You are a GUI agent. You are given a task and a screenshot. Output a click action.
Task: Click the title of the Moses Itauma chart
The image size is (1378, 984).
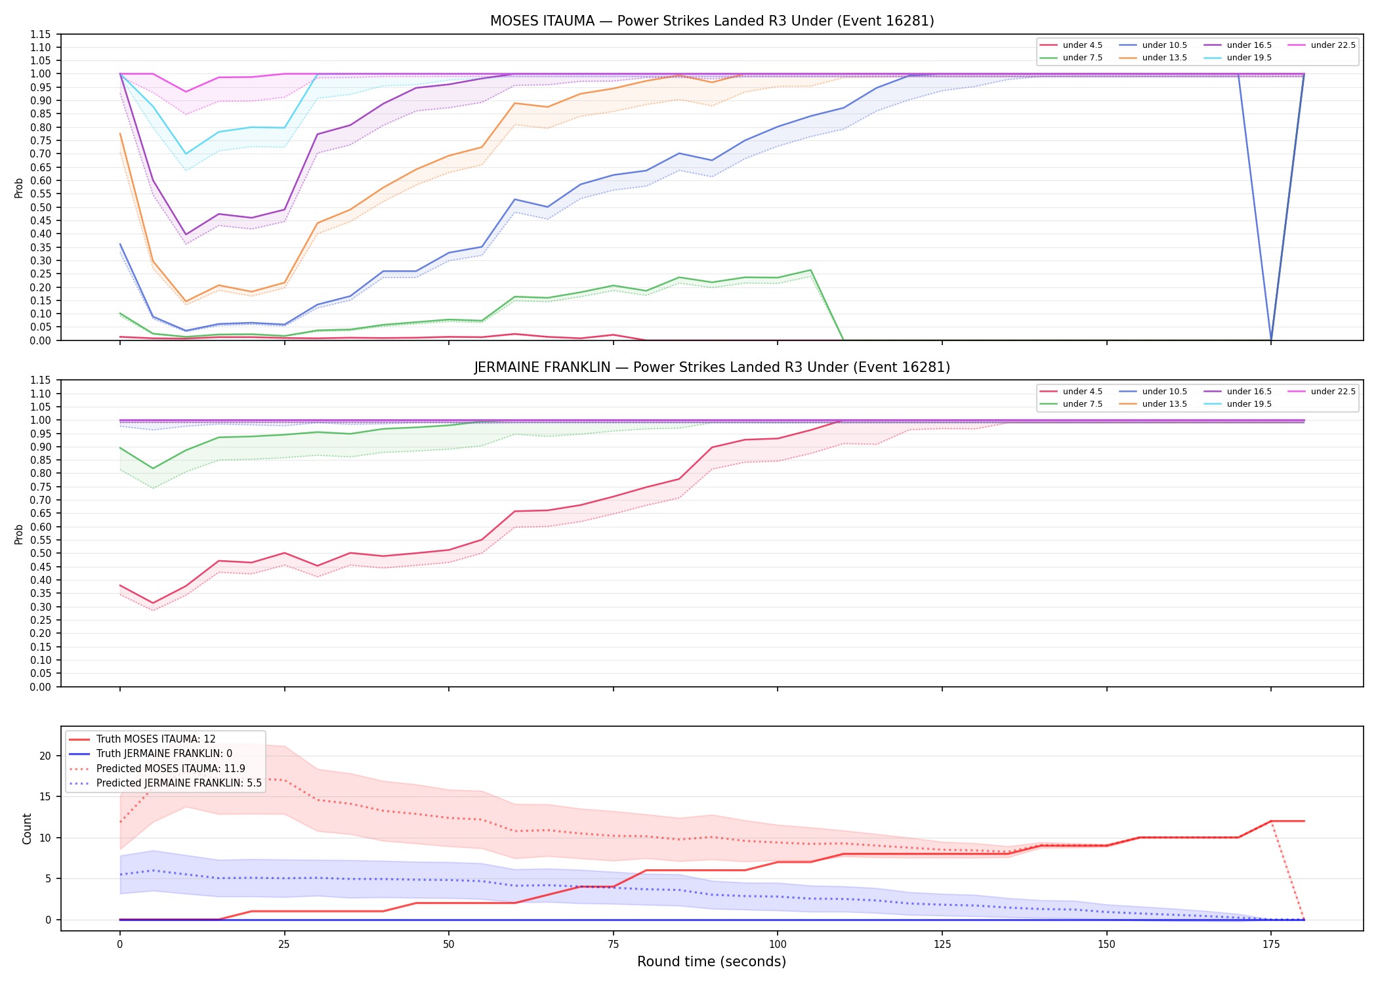coord(712,21)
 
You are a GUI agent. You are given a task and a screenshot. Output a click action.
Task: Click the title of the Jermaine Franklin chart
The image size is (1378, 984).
coord(712,367)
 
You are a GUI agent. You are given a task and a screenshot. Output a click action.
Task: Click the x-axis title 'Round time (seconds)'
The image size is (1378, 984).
coord(711,962)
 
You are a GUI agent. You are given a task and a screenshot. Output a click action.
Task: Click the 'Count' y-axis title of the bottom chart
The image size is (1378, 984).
coord(27,829)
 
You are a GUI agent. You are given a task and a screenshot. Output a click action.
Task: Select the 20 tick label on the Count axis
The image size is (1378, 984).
coord(45,756)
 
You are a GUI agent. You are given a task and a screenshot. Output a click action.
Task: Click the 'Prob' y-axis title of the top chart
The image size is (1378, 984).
coord(19,188)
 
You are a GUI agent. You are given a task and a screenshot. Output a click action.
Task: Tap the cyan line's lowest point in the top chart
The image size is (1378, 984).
coord(186,154)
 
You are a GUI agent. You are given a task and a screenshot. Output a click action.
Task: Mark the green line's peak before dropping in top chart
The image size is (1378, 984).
coord(810,270)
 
